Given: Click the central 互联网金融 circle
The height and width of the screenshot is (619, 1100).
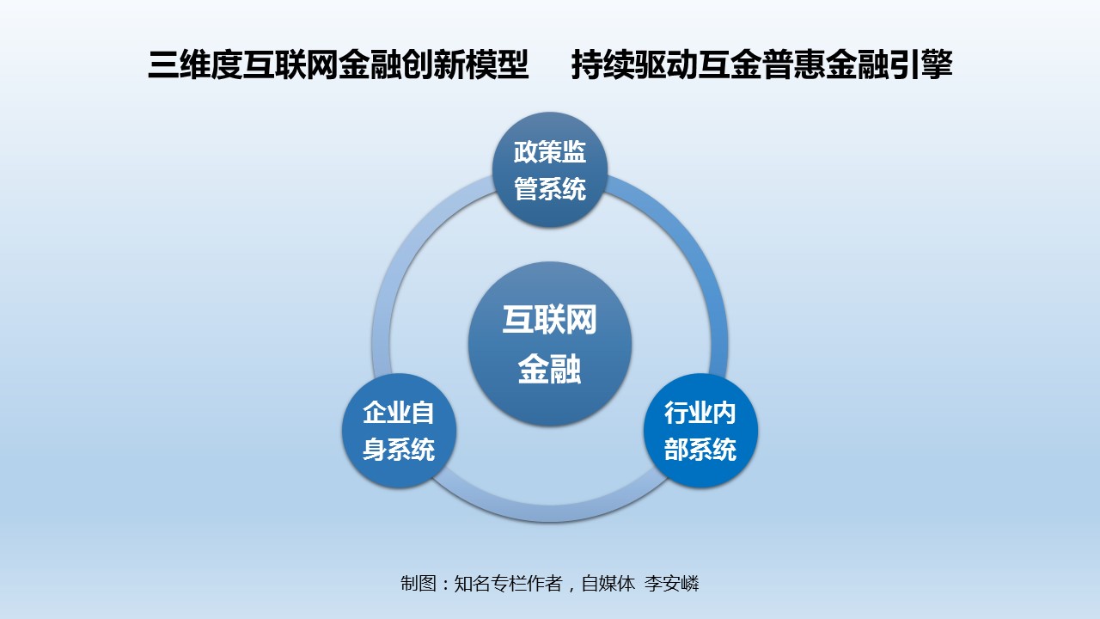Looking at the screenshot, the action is (x=550, y=344).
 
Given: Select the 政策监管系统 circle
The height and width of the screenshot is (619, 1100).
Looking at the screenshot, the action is (x=550, y=170).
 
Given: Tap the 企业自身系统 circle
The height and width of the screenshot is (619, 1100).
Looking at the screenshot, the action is (x=400, y=431).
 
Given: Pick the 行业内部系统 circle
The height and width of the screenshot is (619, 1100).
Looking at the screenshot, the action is (x=700, y=431).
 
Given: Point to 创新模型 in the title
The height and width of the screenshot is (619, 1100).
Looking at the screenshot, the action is (x=466, y=64).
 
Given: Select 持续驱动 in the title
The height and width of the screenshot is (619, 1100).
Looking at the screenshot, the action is (x=634, y=64).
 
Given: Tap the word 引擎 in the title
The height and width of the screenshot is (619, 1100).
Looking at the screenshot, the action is (x=921, y=64).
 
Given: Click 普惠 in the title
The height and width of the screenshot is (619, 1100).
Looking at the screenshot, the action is (x=793, y=64).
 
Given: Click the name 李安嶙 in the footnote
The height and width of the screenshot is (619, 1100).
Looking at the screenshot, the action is (x=671, y=584).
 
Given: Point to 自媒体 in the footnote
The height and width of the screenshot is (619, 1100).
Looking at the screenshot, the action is (x=608, y=584).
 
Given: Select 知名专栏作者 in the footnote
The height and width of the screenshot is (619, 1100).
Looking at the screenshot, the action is (x=508, y=584).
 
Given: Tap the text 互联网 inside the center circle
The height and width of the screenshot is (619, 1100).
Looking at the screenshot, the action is (x=549, y=320).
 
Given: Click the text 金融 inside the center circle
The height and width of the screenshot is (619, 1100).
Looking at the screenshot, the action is (x=549, y=369).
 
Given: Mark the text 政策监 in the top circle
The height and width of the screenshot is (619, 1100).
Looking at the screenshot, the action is (x=550, y=152).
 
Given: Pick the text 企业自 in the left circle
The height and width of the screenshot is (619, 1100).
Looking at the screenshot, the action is (x=399, y=413).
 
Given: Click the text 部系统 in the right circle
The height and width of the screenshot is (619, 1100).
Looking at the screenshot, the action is (x=700, y=449).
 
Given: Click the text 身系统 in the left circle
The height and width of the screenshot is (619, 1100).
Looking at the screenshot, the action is (x=399, y=449).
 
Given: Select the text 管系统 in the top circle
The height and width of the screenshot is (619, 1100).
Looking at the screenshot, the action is (x=550, y=188).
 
